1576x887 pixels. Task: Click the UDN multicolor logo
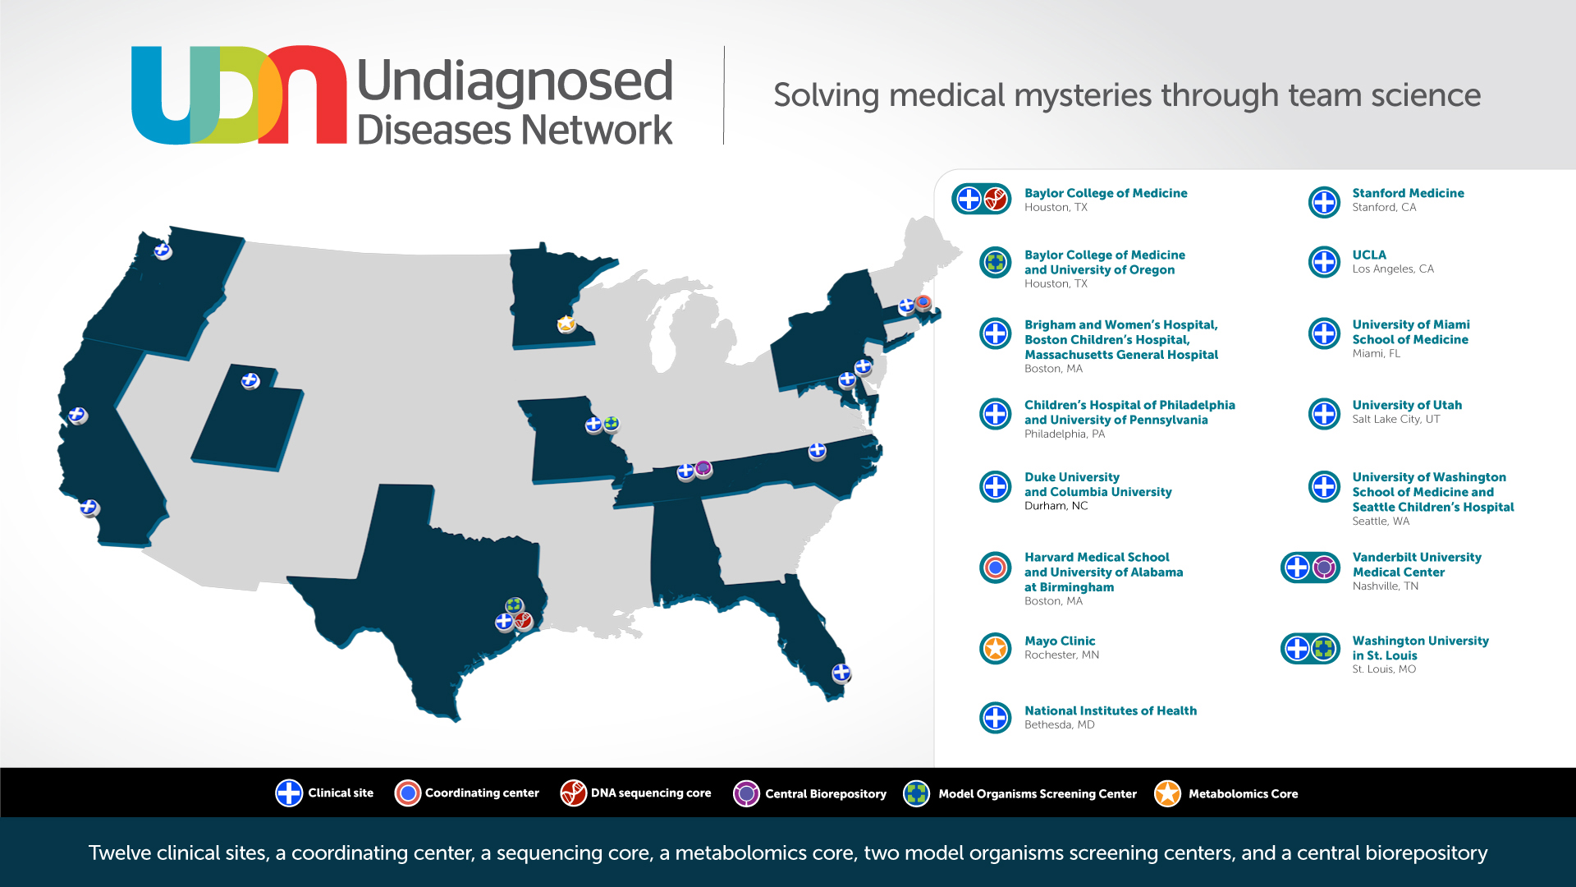pos(238,95)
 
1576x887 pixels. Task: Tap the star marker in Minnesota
pos(566,324)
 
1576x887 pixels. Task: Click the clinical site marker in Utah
pos(250,380)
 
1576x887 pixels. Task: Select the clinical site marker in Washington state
pos(163,250)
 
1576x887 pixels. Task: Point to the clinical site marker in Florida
pos(841,673)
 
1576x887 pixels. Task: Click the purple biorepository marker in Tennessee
pos(703,468)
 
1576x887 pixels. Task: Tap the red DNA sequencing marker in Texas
pos(523,620)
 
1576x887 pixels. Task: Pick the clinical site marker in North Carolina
pos(817,450)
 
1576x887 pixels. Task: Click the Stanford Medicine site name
pos(1408,193)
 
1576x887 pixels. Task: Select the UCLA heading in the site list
pos(1369,255)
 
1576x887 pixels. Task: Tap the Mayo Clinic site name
pos(1060,641)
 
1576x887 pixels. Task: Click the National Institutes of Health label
pos(1110,710)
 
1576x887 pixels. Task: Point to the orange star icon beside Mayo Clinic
pos(996,649)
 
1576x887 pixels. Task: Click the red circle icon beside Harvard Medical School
pos(996,567)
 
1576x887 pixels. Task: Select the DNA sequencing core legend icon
pos(573,793)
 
